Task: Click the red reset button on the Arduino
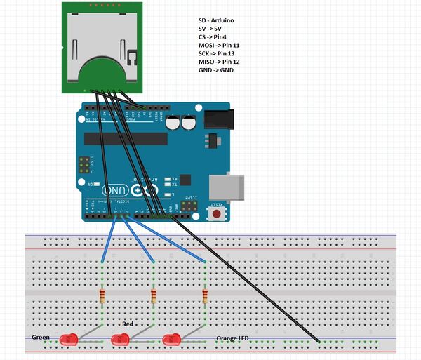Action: [x=218, y=213]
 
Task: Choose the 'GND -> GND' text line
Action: [x=216, y=70]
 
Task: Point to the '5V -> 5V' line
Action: [x=210, y=28]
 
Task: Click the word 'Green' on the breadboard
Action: [x=41, y=338]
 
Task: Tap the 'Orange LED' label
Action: [x=232, y=339]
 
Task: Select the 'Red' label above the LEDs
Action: [x=128, y=324]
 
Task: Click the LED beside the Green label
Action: [x=68, y=340]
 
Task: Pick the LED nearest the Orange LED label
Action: [x=171, y=340]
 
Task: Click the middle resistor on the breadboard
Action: [x=154, y=295]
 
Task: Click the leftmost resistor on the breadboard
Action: [x=103, y=295]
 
